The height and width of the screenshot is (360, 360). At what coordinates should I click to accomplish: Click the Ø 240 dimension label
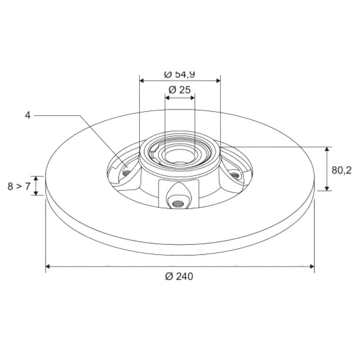[x=179, y=276]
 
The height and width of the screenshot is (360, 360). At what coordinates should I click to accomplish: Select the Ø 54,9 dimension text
[x=179, y=75]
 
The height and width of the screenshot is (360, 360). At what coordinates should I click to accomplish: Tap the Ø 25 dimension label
[x=179, y=90]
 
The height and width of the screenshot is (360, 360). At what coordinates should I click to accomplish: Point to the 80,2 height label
[x=342, y=170]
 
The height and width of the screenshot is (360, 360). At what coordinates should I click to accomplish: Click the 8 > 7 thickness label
[x=19, y=186]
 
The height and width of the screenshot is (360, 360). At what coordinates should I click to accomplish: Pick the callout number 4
[x=27, y=115]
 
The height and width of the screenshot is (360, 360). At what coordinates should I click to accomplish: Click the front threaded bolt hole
[x=178, y=203]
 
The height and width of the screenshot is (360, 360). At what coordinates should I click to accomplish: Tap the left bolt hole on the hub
[x=126, y=173]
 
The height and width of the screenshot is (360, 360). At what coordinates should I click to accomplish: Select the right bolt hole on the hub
[x=234, y=176]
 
